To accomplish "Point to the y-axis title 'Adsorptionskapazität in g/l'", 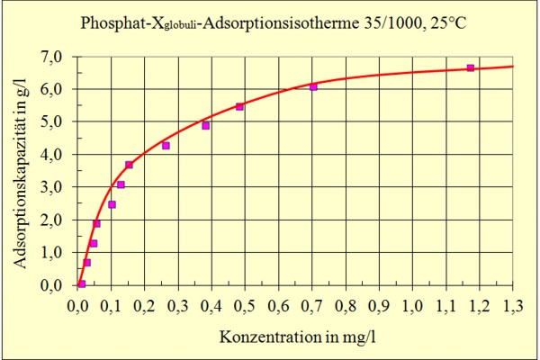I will (21, 171).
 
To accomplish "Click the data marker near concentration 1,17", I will (470, 68).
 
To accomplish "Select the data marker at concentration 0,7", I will (313, 87).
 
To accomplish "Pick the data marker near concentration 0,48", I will (239, 107).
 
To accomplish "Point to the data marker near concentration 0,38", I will (205, 126).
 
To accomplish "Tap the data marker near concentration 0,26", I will (166, 146).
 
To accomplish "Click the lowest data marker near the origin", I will (81, 283).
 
